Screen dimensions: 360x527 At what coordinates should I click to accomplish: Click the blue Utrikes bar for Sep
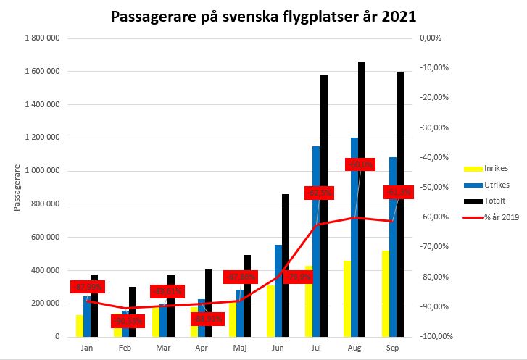[393, 246]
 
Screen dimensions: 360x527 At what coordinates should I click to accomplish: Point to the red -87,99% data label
[88, 287]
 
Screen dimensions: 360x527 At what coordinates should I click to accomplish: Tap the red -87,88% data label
[241, 277]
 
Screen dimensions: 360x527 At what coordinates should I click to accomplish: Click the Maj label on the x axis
[238, 348]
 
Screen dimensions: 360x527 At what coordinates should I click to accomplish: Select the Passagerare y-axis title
[16, 187]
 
